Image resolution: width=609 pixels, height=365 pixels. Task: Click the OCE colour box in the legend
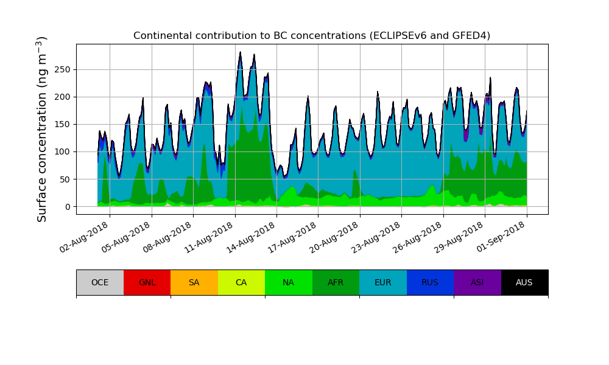click(100, 282)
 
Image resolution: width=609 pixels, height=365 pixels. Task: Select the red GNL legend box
click(147, 282)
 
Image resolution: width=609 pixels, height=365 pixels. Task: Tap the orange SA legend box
click(194, 282)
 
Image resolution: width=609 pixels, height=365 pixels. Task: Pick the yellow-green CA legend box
click(241, 282)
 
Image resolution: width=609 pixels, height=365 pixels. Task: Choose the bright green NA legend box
click(288, 282)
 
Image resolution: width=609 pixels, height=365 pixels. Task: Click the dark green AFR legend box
click(336, 282)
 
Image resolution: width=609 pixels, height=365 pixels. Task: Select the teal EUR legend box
click(382, 282)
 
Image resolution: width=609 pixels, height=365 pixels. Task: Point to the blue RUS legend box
click(430, 282)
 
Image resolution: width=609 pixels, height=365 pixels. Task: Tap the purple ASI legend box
click(477, 282)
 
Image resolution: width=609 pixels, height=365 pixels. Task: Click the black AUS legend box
click(524, 282)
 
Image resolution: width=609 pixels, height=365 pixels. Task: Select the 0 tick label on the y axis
click(68, 207)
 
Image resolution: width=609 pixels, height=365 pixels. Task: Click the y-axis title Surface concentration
click(42, 129)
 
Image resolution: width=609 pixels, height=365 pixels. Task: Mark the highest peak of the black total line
click(240, 52)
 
